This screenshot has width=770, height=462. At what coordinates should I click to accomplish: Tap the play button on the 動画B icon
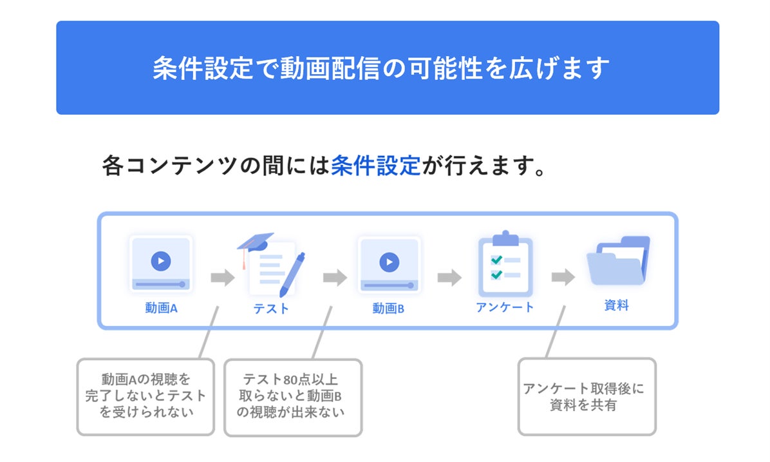click(x=388, y=262)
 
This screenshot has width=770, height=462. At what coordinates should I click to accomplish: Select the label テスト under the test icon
click(x=271, y=309)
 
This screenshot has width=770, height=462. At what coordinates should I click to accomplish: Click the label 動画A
click(x=161, y=308)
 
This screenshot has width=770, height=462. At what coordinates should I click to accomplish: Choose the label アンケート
click(x=505, y=307)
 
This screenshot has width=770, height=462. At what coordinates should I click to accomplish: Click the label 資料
click(x=616, y=305)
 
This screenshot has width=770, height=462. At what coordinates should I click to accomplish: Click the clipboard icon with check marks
click(x=505, y=264)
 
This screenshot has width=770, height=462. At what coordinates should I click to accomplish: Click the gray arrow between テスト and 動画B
click(x=335, y=278)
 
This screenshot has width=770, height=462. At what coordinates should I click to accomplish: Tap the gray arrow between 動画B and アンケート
click(x=449, y=278)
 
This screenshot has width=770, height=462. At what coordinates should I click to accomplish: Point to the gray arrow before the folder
click(x=563, y=278)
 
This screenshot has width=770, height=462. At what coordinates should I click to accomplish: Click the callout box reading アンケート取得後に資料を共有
click(x=587, y=397)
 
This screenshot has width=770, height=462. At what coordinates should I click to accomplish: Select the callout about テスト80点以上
click(x=293, y=397)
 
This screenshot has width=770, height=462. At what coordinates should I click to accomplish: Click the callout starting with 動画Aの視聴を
click(x=146, y=397)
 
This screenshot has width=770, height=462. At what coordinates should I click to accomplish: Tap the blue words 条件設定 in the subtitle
click(x=375, y=166)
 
